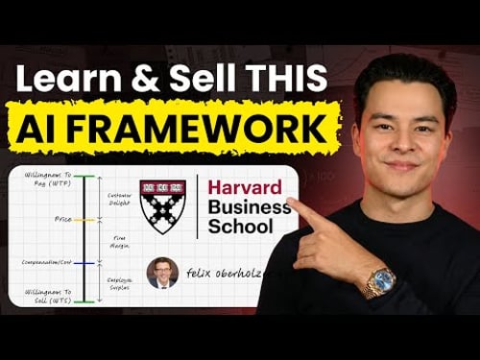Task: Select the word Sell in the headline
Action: [224, 77]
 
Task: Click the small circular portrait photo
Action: [162, 274]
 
